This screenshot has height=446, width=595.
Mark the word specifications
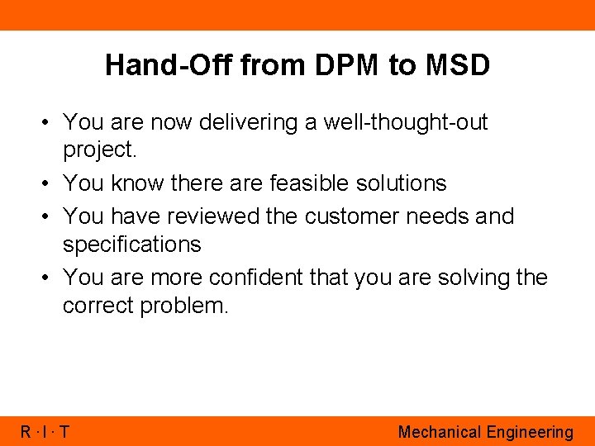click(132, 244)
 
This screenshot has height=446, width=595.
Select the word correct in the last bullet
click(98, 306)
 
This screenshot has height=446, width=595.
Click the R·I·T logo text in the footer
click(45, 432)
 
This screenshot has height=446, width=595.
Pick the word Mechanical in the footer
click(439, 432)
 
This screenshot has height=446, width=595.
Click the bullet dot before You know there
click(48, 183)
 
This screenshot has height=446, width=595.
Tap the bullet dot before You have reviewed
click(48, 216)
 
